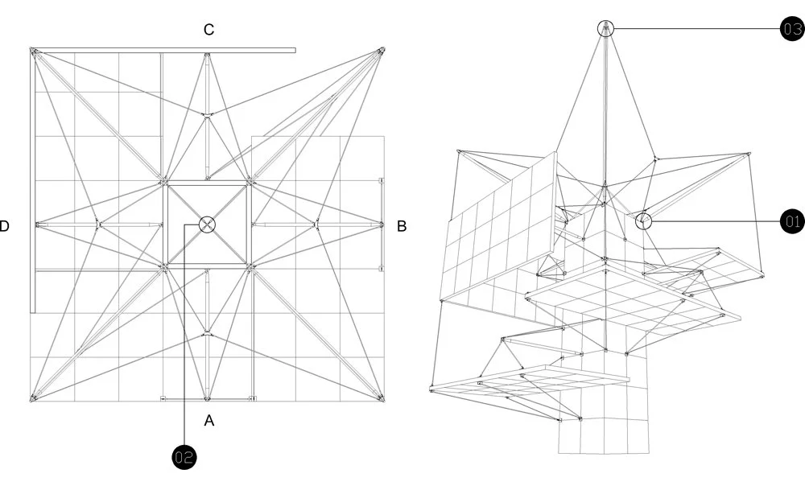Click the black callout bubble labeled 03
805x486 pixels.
(x=792, y=30)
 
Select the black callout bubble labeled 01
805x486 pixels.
(x=792, y=220)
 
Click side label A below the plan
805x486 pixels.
(x=208, y=420)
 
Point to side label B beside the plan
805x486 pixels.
(x=401, y=226)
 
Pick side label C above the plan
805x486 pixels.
(x=208, y=30)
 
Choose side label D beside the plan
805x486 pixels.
(x=5, y=226)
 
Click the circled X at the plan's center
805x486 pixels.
(x=207, y=224)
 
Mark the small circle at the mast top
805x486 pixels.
(x=605, y=29)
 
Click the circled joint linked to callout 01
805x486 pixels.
(x=643, y=220)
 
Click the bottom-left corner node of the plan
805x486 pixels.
(x=34, y=397)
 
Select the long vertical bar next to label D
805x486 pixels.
(x=33, y=185)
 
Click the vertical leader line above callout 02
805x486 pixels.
(x=185, y=338)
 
